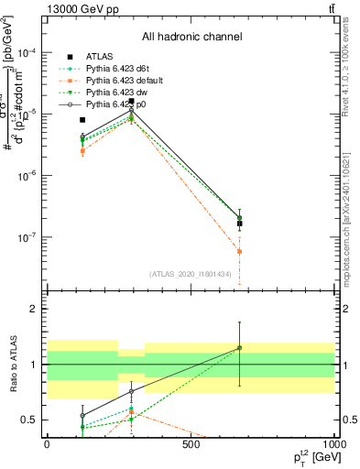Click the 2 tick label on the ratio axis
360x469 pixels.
click(x=35, y=309)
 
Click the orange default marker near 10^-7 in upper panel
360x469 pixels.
click(x=239, y=251)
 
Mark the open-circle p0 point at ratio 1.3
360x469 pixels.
click(x=239, y=348)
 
